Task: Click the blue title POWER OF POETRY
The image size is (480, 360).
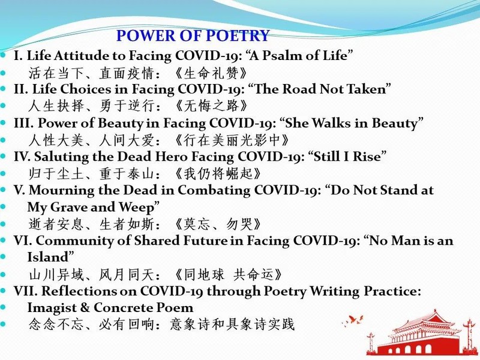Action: [193, 35]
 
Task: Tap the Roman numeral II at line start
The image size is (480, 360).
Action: [21, 89]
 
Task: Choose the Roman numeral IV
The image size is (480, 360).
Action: [22, 157]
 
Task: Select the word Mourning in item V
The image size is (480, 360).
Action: [62, 190]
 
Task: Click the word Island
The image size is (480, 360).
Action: [48, 257]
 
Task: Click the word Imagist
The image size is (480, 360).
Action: [52, 308]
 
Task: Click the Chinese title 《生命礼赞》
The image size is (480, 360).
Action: [211, 73]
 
